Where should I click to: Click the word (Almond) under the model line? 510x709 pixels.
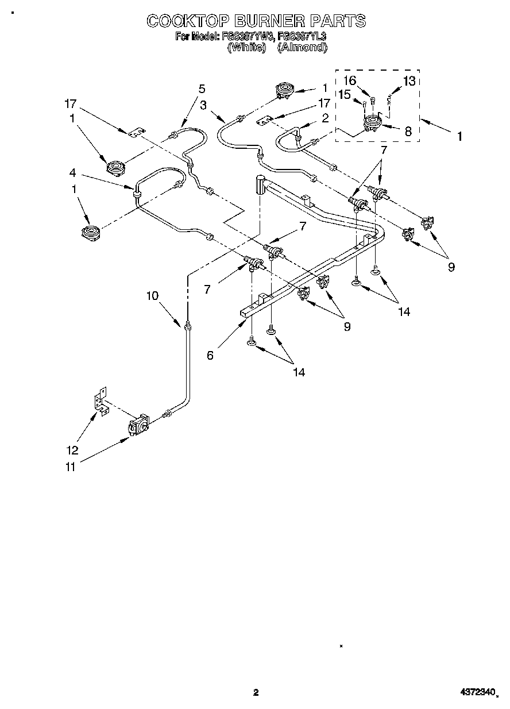point(302,48)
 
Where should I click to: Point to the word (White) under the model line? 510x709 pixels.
point(247,48)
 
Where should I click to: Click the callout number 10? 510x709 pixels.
point(152,296)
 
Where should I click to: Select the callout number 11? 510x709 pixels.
point(71,467)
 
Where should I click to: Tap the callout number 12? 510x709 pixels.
point(72,450)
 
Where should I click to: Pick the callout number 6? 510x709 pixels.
point(210,356)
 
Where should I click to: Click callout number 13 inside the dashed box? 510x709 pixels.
point(409,81)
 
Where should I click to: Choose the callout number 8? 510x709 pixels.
point(408,131)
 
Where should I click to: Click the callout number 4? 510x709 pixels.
point(73,172)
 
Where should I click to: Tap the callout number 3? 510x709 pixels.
point(203,105)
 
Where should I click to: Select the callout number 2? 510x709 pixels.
point(325,118)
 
